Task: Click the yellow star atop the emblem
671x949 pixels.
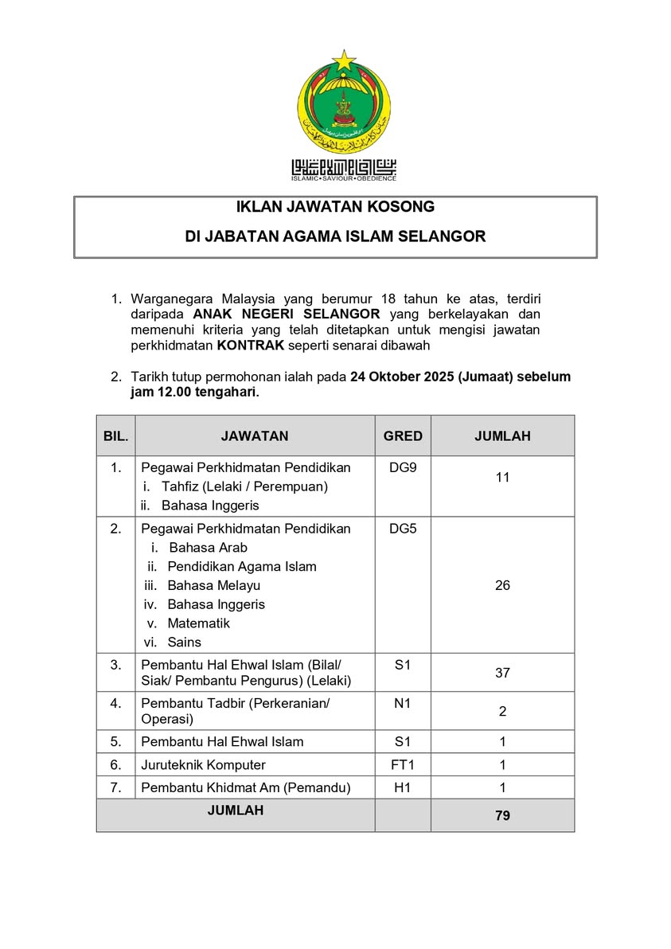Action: coord(344,60)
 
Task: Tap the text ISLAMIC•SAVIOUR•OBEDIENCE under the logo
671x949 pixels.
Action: coord(344,178)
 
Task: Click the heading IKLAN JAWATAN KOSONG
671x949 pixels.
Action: coord(335,207)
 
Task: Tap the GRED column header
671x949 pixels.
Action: coord(403,435)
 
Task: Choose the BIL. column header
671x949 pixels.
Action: coord(116,435)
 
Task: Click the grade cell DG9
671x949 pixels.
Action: coord(403,467)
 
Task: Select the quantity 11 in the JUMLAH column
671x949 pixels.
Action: coord(502,478)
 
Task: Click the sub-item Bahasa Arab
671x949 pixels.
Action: coord(208,547)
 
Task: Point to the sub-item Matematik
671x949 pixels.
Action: coord(198,623)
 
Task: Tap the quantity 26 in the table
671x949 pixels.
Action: coord(502,585)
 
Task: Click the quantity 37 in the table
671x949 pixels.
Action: coord(502,673)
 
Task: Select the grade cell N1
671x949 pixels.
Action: coord(403,703)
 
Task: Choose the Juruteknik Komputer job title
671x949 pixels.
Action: coord(203,764)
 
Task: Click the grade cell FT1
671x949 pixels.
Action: coord(403,764)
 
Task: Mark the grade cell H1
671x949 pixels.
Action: coord(403,788)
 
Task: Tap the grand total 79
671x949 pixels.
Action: coord(502,815)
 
